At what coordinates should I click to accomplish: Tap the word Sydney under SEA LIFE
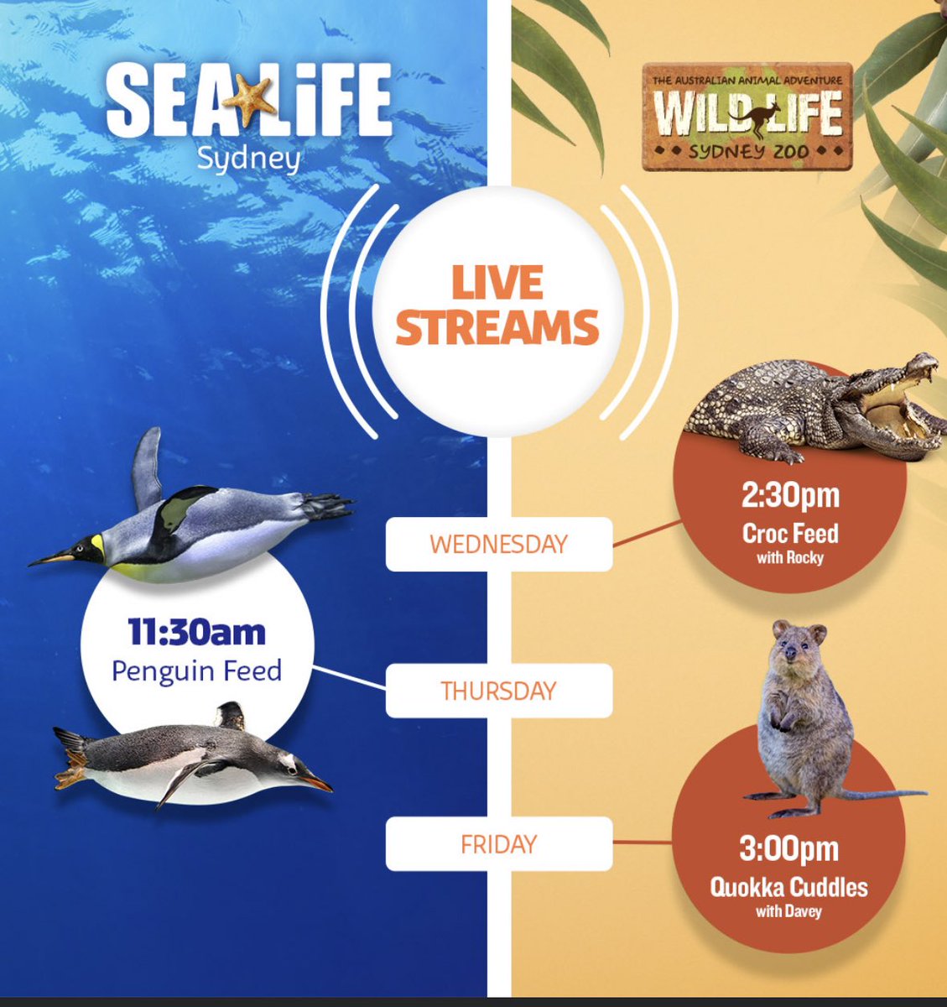(248, 159)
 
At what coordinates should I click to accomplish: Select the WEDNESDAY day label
(498, 544)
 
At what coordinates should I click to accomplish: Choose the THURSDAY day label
(498, 691)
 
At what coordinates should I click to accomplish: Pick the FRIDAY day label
(498, 844)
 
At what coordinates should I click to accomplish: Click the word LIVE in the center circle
(497, 284)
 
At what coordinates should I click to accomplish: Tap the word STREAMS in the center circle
(497, 327)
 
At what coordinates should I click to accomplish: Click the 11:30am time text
(196, 633)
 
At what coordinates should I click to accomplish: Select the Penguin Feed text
(196, 670)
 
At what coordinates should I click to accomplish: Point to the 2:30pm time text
(789, 496)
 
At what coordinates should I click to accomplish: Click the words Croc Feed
(789, 533)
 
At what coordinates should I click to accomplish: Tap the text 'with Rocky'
(789, 557)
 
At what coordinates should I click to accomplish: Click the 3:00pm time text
(788, 849)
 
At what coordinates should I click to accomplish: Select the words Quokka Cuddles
(788, 887)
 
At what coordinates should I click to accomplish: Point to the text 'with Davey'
(788, 911)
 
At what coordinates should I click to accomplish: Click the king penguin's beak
(52, 557)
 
